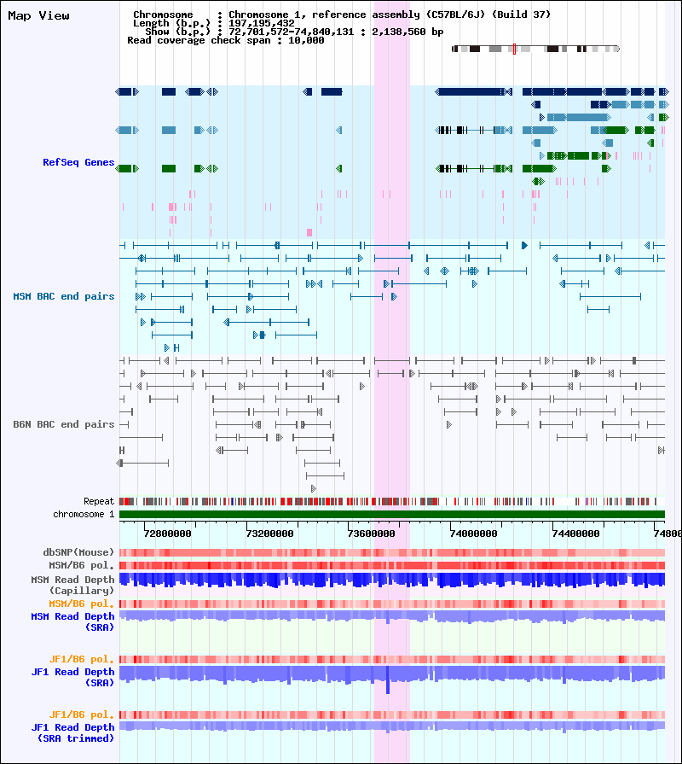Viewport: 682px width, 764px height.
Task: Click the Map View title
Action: pos(38,16)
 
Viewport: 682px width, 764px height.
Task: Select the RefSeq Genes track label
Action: pos(78,162)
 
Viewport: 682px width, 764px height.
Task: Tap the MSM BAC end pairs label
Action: pos(64,296)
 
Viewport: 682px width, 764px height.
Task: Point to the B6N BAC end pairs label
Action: pos(64,424)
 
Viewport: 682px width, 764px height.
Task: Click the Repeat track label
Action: pos(99,501)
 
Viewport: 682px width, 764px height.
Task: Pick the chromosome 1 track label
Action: pos(84,514)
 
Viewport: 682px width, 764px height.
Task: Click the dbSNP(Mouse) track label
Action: pos(78,552)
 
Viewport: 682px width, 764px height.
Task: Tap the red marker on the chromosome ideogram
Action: pos(515,49)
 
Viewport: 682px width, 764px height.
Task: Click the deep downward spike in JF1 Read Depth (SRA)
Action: pos(388,685)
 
